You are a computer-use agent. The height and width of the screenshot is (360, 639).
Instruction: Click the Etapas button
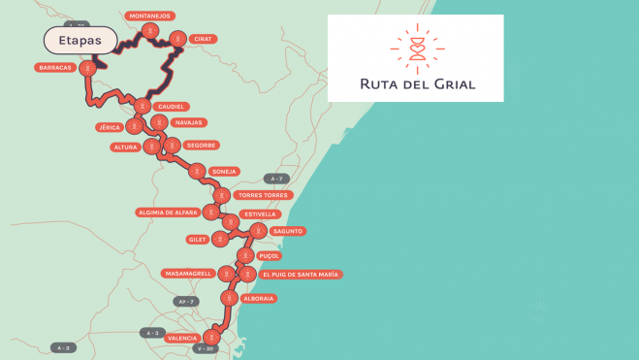80,40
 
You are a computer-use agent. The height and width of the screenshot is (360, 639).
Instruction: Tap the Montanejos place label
149,16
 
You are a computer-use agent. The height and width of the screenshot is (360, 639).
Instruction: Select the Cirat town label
203,39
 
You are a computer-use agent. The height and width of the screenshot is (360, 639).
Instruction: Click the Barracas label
54,67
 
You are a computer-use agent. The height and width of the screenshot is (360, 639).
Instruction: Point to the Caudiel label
171,106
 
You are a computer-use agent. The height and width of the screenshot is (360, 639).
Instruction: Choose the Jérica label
109,127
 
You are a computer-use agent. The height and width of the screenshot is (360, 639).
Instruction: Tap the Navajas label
187,122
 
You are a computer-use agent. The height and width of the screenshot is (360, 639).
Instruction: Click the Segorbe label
201,146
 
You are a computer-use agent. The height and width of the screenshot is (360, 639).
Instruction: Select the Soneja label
224,172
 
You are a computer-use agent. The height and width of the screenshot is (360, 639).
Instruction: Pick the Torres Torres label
263,195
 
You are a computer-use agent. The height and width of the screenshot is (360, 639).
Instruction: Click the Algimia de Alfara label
168,212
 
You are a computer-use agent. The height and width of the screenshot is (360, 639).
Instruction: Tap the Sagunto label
288,231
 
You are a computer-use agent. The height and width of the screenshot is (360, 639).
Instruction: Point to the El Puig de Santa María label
300,275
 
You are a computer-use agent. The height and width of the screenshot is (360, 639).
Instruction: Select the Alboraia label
258,298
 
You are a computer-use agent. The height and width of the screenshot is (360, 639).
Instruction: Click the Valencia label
182,338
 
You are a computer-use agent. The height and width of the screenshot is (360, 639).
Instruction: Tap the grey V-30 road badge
205,348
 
